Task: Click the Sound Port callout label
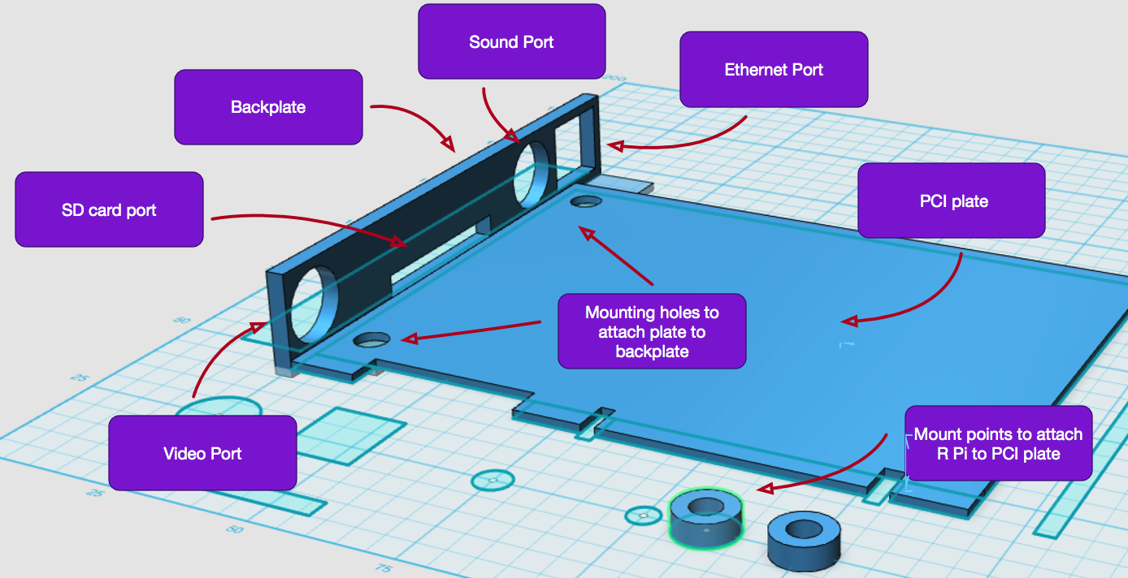[x=512, y=41]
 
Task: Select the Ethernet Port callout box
[x=774, y=69]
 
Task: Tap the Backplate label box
[x=268, y=106]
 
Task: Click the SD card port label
[x=109, y=209]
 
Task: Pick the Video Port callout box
[x=202, y=453]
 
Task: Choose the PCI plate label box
[x=951, y=201]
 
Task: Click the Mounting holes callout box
[x=652, y=331]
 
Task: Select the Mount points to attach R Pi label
[x=998, y=443]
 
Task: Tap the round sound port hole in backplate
[x=533, y=173]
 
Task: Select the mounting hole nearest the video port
[x=371, y=339]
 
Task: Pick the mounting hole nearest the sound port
[x=586, y=201]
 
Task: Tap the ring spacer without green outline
[x=804, y=537]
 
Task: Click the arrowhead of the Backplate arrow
[x=448, y=144]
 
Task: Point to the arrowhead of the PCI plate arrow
[x=848, y=321]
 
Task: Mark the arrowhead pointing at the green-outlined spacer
[x=763, y=490]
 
